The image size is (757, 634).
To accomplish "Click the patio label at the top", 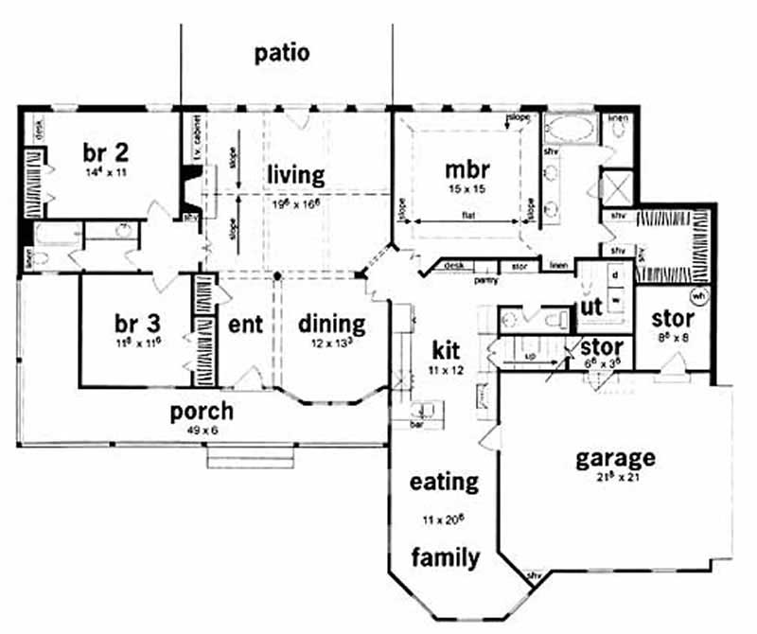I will click(x=282, y=52).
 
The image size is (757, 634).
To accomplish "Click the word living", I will click(x=295, y=175).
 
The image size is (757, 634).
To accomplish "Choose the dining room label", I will click(x=331, y=324).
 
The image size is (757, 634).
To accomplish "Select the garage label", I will click(x=615, y=459).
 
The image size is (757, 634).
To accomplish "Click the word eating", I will click(x=444, y=482).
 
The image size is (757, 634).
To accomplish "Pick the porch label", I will click(x=202, y=414).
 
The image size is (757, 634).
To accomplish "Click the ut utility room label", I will click(x=590, y=308).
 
